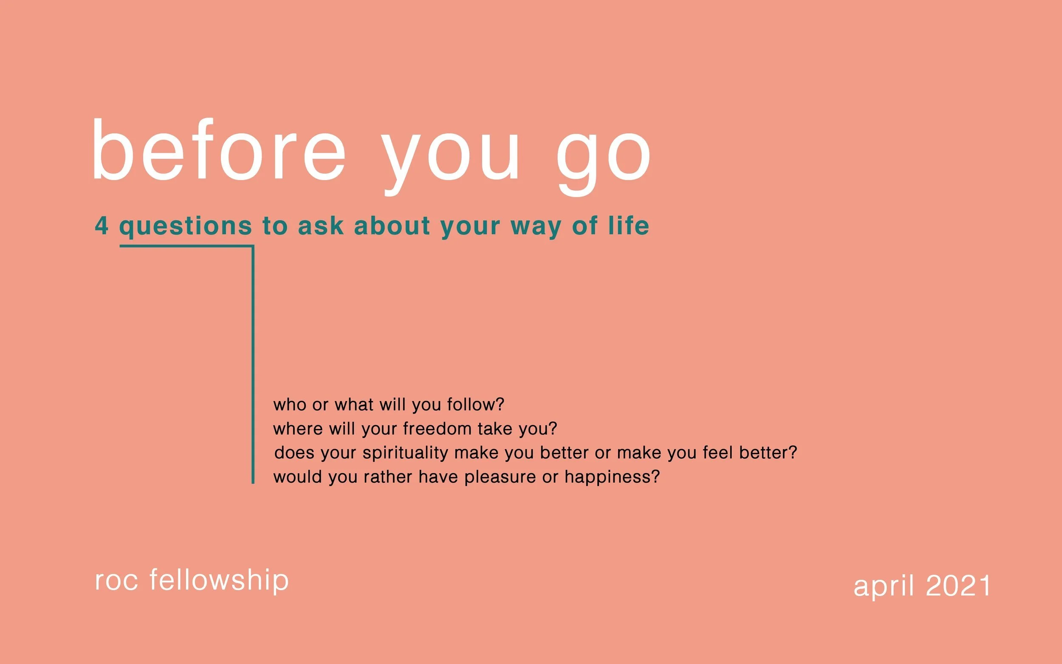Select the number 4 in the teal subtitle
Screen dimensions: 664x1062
[x=102, y=226]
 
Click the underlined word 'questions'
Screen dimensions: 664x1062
[x=186, y=226]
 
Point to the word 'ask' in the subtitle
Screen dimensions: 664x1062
[x=320, y=226]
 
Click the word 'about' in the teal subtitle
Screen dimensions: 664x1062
[x=392, y=226]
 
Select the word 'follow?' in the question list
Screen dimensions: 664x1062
[x=475, y=404]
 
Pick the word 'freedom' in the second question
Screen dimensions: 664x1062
[x=437, y=429]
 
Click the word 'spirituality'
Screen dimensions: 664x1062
[x=405, y=453]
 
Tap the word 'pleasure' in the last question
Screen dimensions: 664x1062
[x=500, y=478]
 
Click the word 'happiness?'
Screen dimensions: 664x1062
[x=612, y=478]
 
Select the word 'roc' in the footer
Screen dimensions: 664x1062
[x=116, y=581]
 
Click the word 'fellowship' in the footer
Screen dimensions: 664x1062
[x=219, y=581]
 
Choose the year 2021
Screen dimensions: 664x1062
[x=958, y=586]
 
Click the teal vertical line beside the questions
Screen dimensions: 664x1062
[x=253, y=364]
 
